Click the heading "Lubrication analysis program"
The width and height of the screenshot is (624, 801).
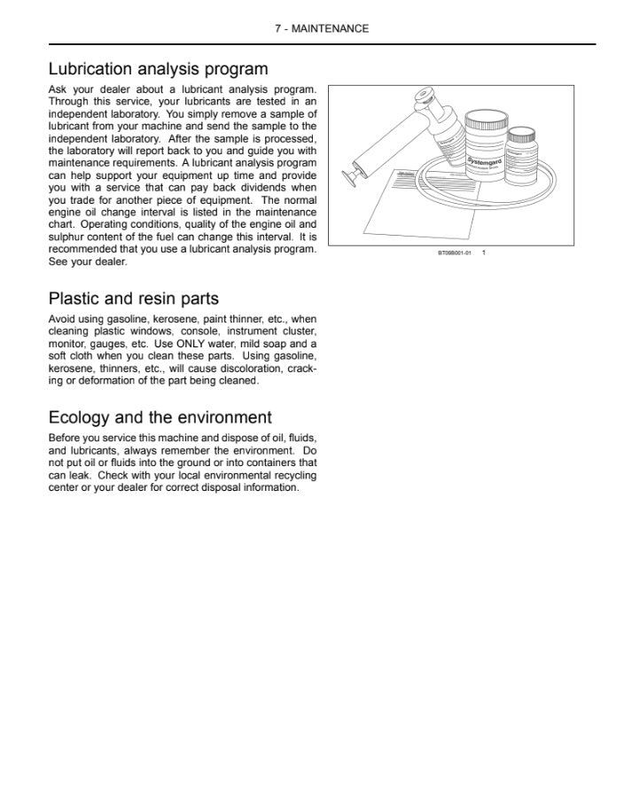158,69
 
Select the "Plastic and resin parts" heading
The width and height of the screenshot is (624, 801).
133,299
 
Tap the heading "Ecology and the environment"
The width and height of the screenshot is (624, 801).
160,417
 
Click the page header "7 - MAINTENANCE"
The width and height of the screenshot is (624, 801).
321,28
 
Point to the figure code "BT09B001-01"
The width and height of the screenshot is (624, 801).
454,253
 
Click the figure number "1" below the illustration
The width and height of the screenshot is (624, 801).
484,253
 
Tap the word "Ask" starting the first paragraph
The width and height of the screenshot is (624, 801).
58,89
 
